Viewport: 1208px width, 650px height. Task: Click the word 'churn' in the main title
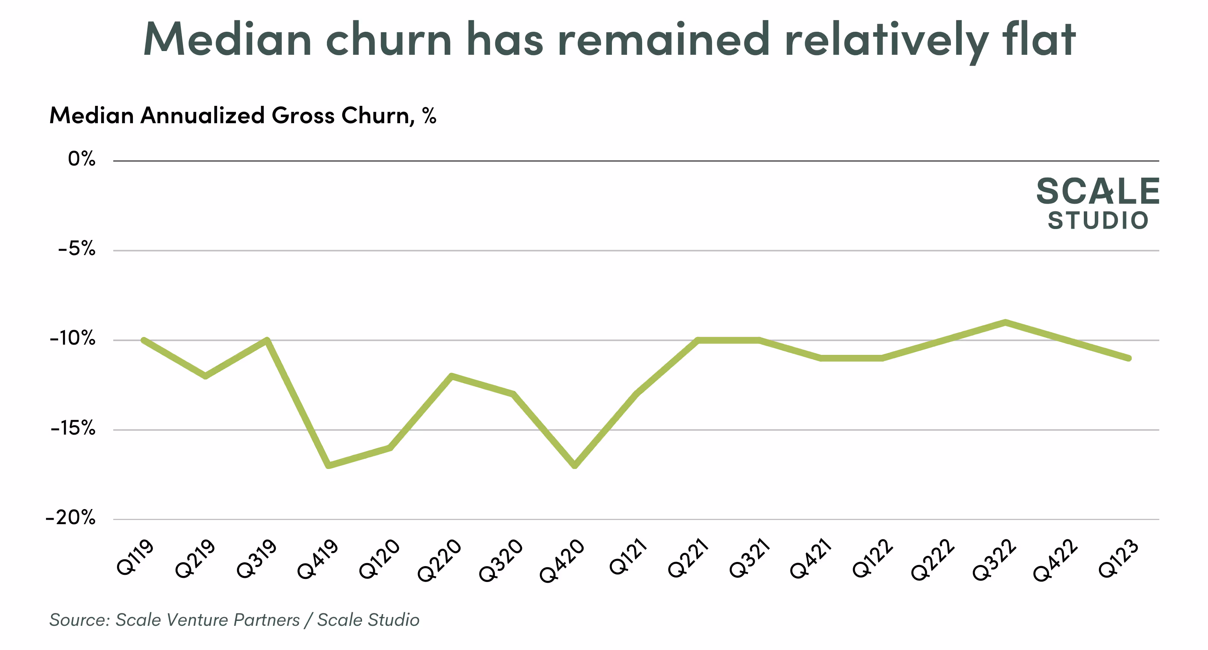389,40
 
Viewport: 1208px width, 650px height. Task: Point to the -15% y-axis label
73,429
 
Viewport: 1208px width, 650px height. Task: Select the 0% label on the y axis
82,159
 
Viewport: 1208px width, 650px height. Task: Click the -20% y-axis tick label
70,518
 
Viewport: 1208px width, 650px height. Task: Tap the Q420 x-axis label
562,561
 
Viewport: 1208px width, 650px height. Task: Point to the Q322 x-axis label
994,560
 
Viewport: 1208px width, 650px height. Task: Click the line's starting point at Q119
144,340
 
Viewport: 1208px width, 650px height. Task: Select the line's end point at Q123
1129,358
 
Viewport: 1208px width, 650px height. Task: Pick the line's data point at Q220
451,376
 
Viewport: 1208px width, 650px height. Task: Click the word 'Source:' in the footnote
80,620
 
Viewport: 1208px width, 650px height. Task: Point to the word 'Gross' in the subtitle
303,116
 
